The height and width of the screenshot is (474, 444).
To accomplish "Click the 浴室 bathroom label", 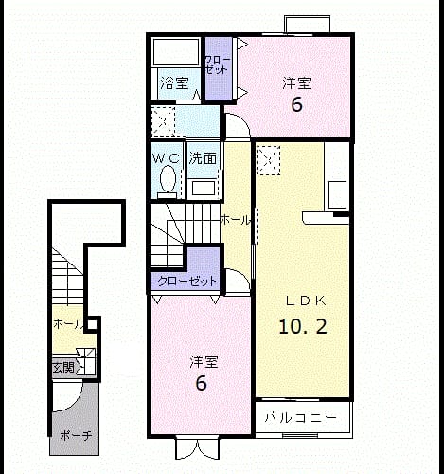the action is pos(174,83).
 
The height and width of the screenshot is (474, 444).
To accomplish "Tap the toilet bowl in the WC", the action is pos(168,179).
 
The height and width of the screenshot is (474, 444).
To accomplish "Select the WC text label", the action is pos(166,158).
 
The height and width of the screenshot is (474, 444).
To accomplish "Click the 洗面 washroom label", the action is pos(203,158).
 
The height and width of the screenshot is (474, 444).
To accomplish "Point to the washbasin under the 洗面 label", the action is pos(204,189).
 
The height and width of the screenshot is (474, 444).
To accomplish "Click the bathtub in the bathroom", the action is pos(176,52).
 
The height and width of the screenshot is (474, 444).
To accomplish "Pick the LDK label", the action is pos(306,301).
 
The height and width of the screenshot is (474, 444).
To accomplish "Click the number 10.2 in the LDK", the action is pos(303,326).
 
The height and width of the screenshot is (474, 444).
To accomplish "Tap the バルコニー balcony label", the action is pos(300,418).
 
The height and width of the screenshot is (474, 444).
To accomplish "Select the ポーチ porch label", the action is pos(76,436).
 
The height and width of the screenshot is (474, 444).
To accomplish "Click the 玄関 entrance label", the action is pos(63,368).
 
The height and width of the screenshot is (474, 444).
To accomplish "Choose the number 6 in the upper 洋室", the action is pos(296,104).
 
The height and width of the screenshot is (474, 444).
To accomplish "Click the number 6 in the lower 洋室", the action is pos(202,383).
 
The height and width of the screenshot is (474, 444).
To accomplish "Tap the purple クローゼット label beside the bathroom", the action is pos(218,65).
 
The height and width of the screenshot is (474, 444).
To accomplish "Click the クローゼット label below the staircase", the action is pos(187,281).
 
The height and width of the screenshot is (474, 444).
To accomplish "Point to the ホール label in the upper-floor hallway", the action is pos(236,220).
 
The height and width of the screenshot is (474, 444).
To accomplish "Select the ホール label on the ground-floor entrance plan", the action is pos(68,324).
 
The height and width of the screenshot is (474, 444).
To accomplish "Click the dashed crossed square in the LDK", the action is pos(269,160).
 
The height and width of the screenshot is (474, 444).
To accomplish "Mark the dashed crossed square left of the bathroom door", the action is pos(163,121).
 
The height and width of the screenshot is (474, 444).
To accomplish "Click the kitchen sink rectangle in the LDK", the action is pos(337,194).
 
